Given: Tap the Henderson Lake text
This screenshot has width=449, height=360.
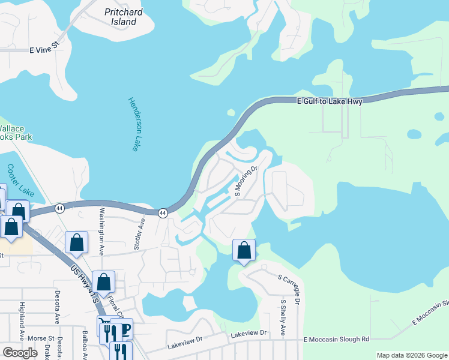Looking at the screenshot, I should coord(133,124).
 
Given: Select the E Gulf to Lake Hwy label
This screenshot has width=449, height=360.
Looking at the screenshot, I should coord(330,102).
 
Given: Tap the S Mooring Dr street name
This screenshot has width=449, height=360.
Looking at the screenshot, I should coord(246,182).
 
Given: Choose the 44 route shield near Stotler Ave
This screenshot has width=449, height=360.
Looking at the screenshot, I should coord(163,213).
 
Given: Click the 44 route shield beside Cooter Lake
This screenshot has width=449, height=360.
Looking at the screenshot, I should coord(59,208).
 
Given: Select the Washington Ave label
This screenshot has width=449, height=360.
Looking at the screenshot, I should coord(102,229).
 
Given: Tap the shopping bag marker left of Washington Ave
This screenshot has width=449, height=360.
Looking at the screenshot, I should coord(77,242).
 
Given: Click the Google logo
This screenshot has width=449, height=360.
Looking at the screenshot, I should coord(20,353).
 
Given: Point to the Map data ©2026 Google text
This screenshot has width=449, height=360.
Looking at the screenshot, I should coord(411,355).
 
